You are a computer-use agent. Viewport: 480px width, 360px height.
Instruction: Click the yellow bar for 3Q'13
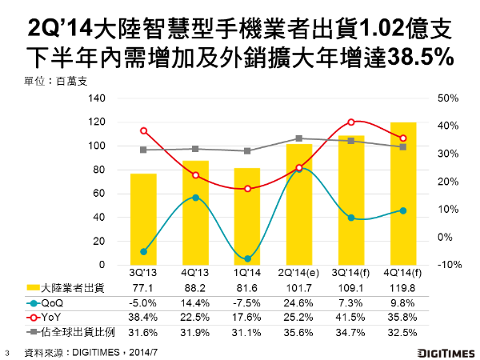143,219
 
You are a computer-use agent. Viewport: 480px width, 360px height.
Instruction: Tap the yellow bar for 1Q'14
247,217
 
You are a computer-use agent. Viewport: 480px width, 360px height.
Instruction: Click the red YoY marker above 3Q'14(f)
351,122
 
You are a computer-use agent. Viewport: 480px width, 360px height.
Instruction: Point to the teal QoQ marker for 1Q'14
247,259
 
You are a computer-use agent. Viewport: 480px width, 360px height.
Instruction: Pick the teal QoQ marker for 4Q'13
195,198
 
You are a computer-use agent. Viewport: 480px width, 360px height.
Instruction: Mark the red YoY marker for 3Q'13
143,130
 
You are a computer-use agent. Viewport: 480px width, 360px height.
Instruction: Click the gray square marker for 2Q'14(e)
299,138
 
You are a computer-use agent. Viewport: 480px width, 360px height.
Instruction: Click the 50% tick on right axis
447,98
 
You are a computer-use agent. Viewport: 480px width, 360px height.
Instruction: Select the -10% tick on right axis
447,265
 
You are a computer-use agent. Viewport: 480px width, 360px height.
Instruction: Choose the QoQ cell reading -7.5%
247,304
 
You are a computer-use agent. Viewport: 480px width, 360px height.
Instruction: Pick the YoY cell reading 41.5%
351,318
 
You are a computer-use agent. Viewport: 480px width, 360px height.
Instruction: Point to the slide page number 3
7,350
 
